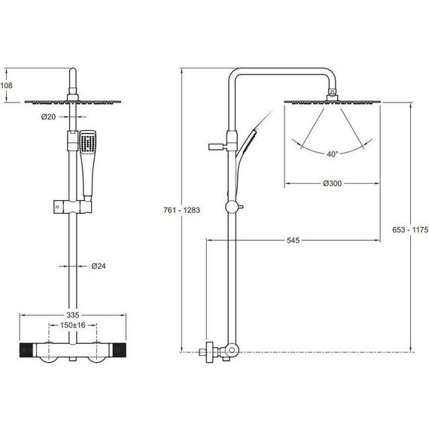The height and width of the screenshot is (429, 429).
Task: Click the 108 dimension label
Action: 6,86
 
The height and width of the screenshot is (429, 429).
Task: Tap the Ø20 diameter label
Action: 48,117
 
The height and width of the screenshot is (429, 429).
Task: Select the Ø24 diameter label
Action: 99,266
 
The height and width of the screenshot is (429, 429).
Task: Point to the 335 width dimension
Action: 73,315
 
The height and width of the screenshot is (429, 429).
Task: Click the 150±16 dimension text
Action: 73,325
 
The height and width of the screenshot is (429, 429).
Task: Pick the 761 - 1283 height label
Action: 182,210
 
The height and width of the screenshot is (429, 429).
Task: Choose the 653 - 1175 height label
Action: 410,230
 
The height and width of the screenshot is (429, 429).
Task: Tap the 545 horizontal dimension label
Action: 294,241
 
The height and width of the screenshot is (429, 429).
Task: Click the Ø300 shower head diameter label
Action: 332,184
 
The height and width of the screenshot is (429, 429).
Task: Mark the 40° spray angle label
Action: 333,154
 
